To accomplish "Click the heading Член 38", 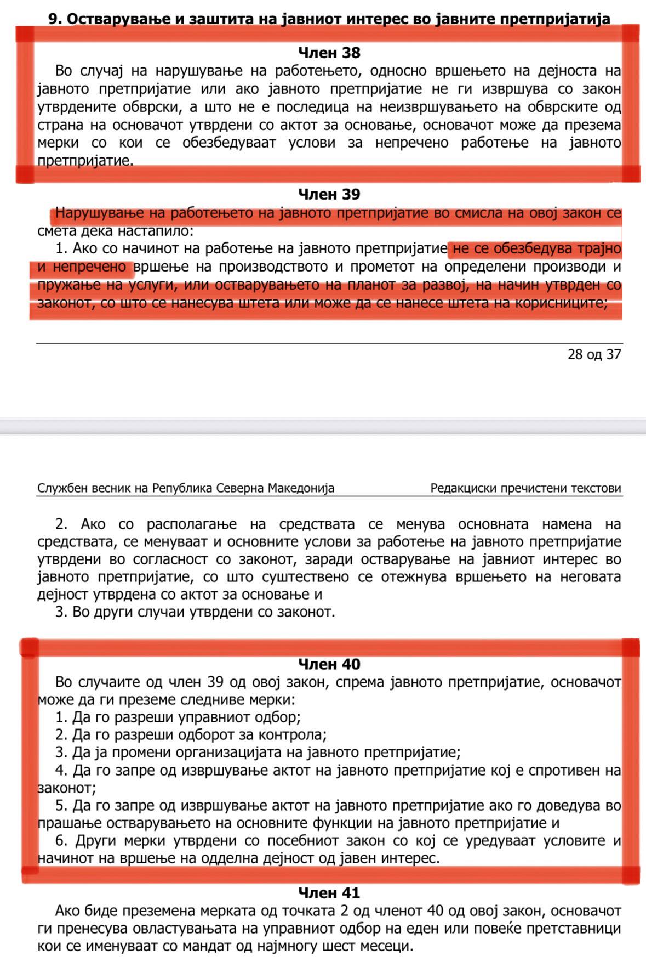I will [x=329, y=53].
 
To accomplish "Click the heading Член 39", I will [x=329, y=194].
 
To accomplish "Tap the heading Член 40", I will [x=329, y=664].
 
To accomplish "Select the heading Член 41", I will [x=329, y=893].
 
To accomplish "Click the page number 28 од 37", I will [x=594, y=354].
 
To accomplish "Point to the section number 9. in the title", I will [x=54, y=19].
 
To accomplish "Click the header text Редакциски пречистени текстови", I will [x=526, y=488].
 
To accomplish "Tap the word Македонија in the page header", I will [x=301, y=488].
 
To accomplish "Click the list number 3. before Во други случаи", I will [x=62, y=612].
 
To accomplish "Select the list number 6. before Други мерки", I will [x=62, y=840].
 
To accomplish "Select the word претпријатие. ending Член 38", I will [x=85, y=161].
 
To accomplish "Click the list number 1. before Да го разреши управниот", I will [x=62, y=717].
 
